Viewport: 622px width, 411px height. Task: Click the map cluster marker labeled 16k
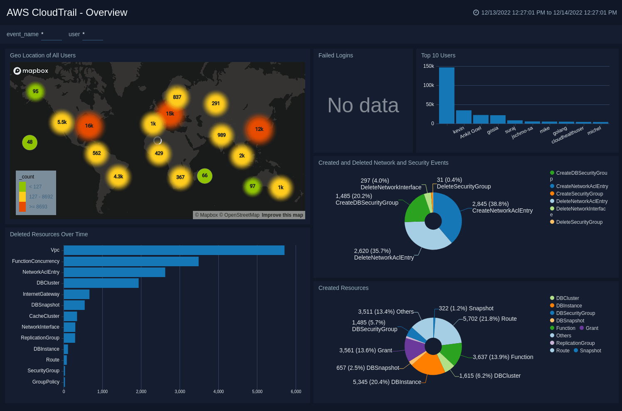tap(89, 126)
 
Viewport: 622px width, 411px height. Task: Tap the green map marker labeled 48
tap(30, 142)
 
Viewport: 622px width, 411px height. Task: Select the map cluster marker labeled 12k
tap(259, 129)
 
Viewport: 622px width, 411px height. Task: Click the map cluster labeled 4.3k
tap(118, 177)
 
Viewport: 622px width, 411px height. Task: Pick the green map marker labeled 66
tap(205, 176)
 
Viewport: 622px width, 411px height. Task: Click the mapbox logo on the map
tap(31, 71)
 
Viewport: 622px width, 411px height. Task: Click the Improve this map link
tap(282, 215)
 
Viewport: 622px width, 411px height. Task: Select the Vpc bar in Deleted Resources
tap(174, 250)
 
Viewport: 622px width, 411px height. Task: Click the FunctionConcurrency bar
tap(131, 261)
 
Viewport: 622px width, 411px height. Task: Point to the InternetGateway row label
tap(41, 294)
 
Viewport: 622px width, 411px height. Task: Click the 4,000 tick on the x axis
tap(218, 391)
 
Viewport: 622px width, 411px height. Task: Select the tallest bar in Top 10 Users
tap(447, 95)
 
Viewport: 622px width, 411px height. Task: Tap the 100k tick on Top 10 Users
tap(428, 85)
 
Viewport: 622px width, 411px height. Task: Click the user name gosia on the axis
tap(493, 130)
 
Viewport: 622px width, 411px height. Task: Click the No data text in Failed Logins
tap(363, 105)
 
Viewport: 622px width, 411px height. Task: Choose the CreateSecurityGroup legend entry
tap(579, 194)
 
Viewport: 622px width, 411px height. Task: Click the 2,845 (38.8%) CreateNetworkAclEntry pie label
tap(502, 207)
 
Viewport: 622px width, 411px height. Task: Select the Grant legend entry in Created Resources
tap(592, 328)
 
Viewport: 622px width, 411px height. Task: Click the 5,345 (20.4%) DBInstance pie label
tap(387, 382)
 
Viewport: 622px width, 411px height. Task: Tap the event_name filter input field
tap(52, 35)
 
